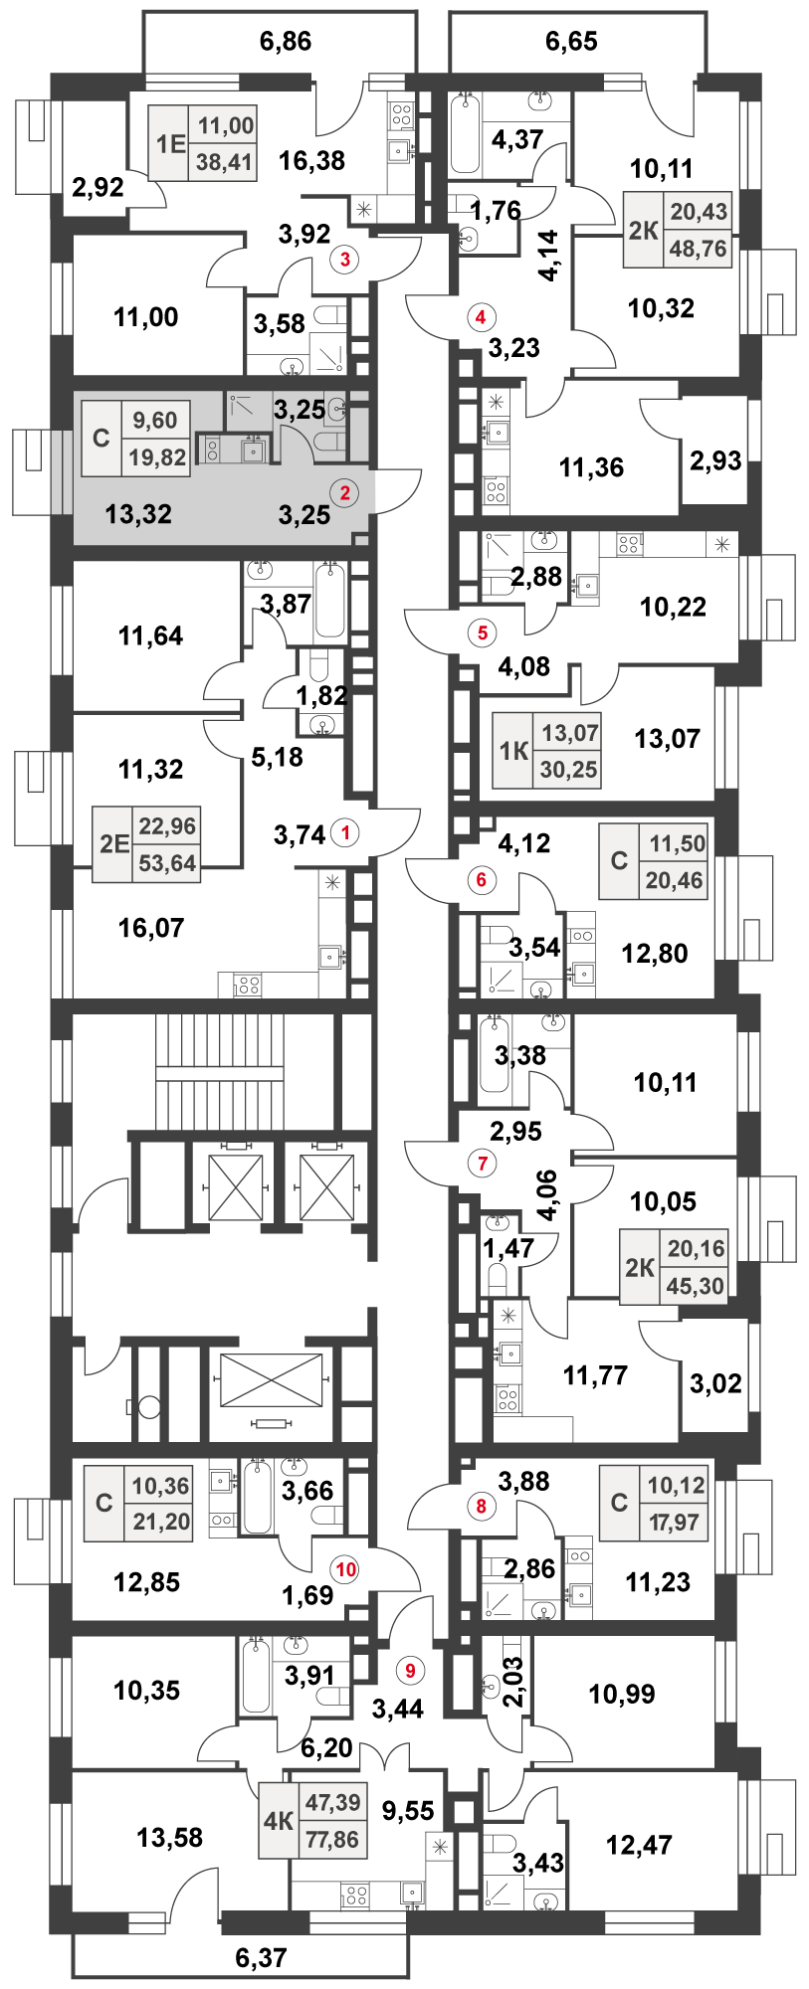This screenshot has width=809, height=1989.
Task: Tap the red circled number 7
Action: click(482, 1163)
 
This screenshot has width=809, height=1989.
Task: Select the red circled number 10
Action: click(345, 1569)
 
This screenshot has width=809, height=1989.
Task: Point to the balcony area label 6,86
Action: click(286, 41)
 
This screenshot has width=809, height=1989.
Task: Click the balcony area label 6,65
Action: click(572, 41)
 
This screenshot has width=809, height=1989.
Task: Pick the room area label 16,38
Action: click(312, 160)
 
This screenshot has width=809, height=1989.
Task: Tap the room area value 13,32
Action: click(138, 514)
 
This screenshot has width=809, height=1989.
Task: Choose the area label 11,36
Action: click(592, 466)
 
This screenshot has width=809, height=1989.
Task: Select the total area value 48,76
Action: click(698, 249)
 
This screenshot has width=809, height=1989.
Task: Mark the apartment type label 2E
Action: click(114, 844)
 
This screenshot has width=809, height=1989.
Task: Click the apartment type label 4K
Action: click(279, 1821)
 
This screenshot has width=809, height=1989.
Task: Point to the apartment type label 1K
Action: click(513, 750)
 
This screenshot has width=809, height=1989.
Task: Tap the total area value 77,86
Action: click(332, 1839)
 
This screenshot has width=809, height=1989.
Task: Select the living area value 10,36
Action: click(160, 1486)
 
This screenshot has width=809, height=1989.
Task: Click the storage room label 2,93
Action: click(715, 460)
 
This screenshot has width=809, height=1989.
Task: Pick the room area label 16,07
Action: click(151, 928)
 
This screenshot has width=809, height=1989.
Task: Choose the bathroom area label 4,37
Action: click(517, 139)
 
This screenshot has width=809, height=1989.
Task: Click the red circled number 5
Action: click(483, 632)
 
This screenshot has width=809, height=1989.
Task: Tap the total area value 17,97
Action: click(675, 1522)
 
